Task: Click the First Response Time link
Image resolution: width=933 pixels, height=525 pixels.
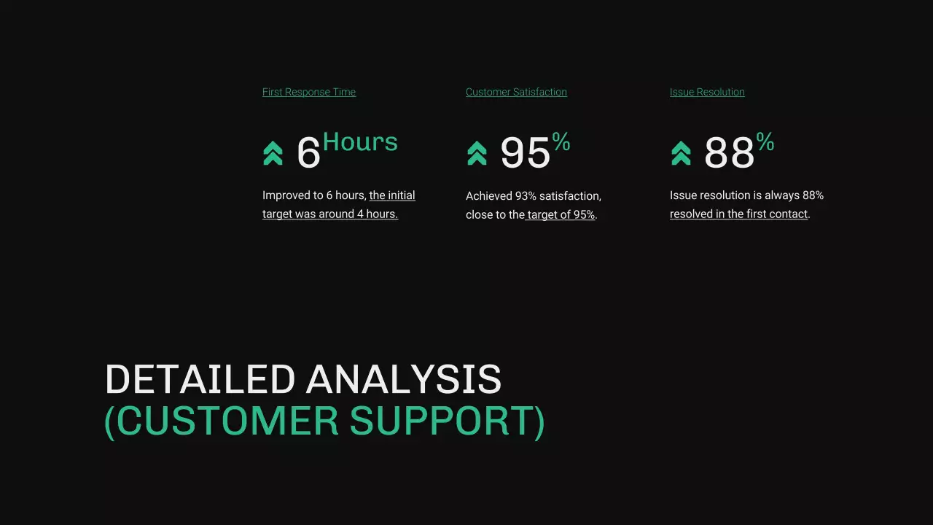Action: click(x=309, y=92)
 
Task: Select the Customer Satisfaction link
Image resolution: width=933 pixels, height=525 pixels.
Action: click(x=516, y=92)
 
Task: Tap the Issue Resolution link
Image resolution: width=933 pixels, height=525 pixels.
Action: click(x=707, y=92)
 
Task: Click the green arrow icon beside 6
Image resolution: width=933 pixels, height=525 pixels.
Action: click(x=273, y=153)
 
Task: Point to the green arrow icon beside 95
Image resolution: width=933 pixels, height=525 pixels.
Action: click(x=477, y=153)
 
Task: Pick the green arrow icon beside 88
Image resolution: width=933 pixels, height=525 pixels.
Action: click(x=681, y=153)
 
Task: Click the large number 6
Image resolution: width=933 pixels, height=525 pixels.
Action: click(x=308, y=153)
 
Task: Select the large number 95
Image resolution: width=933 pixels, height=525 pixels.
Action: click(x=525, y=153)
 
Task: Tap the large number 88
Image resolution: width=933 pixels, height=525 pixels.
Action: click(x=729, y=153)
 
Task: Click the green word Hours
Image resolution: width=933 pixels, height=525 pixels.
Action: click(x=360, y=141)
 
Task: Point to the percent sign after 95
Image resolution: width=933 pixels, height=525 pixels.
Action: click(x=561, y=141)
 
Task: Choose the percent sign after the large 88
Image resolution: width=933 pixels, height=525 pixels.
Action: click(x=765, y=141)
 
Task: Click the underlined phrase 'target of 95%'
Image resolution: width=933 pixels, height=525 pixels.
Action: click(x=561, y=215)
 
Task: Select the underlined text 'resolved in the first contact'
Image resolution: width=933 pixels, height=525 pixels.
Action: click(x=739, y=214)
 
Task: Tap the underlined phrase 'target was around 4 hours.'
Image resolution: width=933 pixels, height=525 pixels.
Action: click(x=330, y=214)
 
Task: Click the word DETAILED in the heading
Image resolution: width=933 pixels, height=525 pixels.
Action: click(x=200, y=380)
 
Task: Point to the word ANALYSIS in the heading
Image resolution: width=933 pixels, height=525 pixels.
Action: click(x=404, y=380)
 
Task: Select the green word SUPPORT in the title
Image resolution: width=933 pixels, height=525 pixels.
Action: click(x=447, y=421)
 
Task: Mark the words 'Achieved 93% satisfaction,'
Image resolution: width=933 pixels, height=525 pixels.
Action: click(x=534, y=196)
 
